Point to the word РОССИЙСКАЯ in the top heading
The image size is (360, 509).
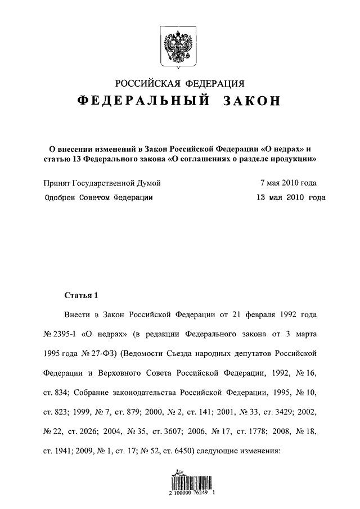[146, 84]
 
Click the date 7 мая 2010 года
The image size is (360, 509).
[288, 183]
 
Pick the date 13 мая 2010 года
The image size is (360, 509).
[290, 197]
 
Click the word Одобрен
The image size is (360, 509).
[61, 197]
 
